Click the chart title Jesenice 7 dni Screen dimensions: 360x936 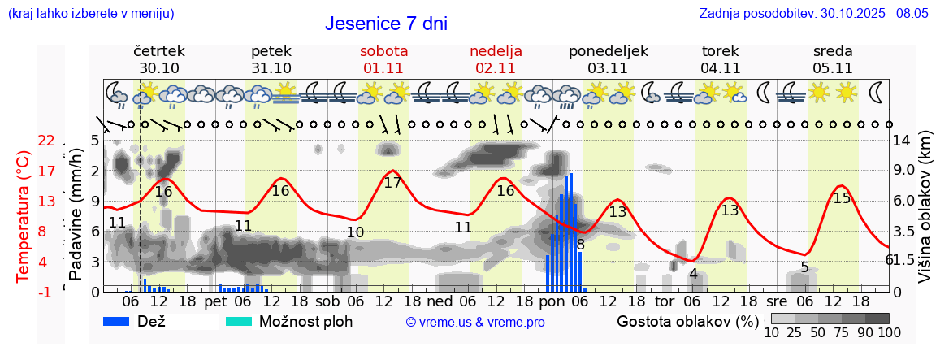386,24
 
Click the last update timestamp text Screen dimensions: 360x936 813,13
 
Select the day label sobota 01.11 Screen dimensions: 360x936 383,59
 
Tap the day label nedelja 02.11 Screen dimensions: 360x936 496,59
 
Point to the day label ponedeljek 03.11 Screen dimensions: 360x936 608,59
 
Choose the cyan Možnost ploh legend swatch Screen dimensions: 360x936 239,321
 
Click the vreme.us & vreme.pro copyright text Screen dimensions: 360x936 475,322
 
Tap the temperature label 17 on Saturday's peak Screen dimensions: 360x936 392,183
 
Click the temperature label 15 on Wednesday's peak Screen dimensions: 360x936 842,197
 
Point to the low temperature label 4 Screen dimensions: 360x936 693,274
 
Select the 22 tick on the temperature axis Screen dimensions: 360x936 46,141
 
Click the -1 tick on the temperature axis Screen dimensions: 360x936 46,292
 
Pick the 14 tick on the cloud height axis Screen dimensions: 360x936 901,141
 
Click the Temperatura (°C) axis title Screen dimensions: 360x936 24,215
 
